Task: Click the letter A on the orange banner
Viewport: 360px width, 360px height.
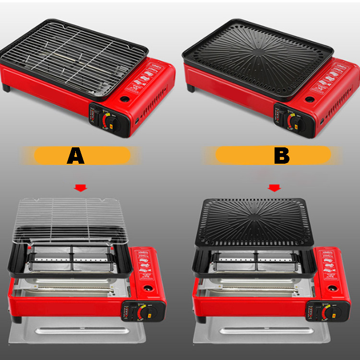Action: [x=76, y=156]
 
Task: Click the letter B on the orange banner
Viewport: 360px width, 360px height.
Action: [x=282, y=156]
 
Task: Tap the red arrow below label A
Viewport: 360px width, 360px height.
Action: [x=81, y=188]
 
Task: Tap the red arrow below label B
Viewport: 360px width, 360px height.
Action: [x=274, y=188]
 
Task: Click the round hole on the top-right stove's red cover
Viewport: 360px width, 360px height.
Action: [x=310, y=100]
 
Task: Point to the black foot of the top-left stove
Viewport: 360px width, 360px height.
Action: [x=6, y=88]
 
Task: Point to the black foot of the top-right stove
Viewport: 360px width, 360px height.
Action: [x=191, y=88]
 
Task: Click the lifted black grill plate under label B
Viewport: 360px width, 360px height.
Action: [x=254, y=221]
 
